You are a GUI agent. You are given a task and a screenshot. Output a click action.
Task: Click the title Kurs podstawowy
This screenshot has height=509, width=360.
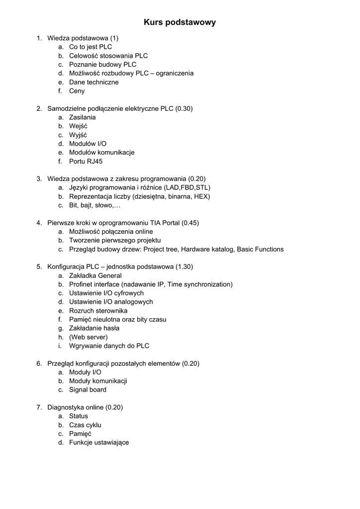tap(180, 22)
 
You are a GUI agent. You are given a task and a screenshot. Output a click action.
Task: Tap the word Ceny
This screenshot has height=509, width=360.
tap(77, 91)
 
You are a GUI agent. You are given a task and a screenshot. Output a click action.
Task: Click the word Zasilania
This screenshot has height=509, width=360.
tap(83, 117)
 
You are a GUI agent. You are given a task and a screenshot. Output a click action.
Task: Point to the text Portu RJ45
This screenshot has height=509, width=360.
tap(86, 161)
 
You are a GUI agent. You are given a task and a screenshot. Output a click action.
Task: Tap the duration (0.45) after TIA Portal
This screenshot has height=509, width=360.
tap(190, 223)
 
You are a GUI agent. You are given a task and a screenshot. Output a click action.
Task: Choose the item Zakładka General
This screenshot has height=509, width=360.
tap(95, 275)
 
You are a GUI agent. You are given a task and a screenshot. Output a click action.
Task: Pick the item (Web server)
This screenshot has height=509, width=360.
tap(89, 337)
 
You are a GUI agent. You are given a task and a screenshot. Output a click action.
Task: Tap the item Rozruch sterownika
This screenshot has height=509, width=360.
tap(98, 311)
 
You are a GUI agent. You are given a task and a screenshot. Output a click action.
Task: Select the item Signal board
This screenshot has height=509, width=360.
tap(88, 390)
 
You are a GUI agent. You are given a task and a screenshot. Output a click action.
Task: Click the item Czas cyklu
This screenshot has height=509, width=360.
tap(85, 425)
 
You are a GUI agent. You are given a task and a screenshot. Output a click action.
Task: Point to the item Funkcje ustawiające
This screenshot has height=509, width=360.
tap(99, 442)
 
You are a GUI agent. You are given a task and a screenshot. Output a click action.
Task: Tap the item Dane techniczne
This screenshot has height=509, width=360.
tap(94, 82)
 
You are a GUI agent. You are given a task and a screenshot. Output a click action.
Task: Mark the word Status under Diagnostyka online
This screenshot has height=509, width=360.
tap(79, 416)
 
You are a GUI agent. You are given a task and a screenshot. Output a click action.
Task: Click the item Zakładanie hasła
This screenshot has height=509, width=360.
tap(94, 328)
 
